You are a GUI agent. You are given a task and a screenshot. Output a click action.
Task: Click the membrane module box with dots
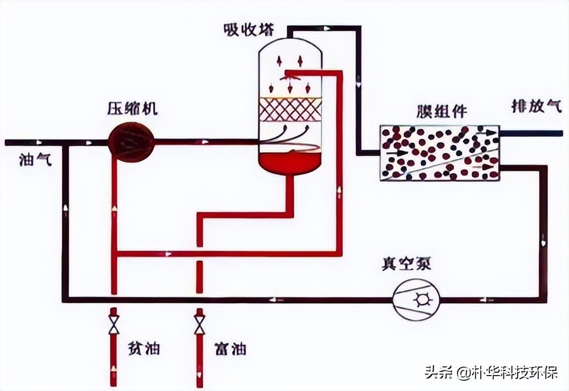tap(439, 152)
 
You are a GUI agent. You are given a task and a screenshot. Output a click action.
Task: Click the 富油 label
tap(231, 348)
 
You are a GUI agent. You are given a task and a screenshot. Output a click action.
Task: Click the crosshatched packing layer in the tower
tap(290, 109)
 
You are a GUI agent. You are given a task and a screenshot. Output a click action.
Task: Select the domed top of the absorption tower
tap(290, 48)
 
